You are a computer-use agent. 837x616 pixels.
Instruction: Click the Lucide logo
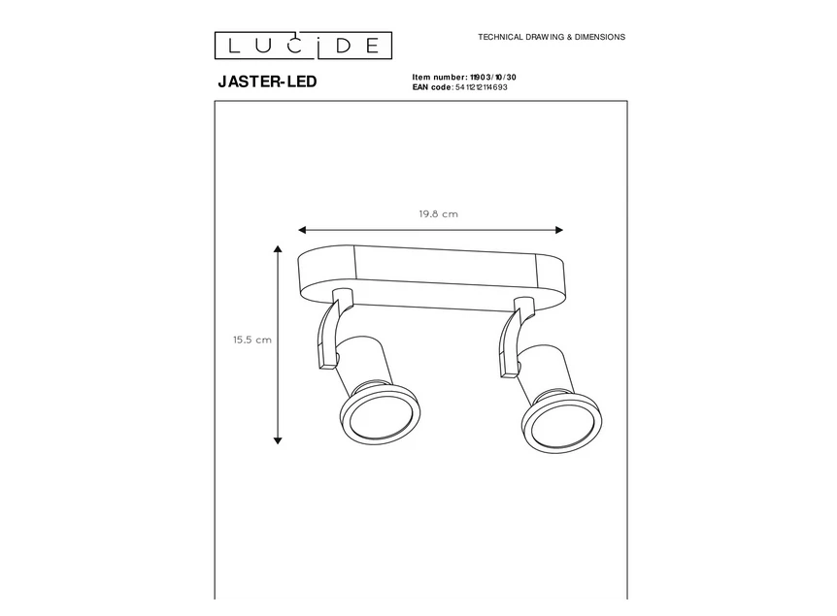303,45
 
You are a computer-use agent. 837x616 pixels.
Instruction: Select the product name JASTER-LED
266,82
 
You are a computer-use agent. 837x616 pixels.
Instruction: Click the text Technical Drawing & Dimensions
552,37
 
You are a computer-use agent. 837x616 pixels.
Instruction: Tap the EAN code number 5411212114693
481,87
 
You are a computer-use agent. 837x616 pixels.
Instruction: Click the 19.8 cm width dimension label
438,214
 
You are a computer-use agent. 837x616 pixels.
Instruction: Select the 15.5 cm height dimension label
251,340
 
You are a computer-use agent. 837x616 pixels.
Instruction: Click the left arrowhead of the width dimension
302,230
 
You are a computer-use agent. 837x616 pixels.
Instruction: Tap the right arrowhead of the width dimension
558,230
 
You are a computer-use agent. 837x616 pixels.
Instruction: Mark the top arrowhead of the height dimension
279,249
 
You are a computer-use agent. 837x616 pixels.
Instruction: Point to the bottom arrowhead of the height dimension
279,439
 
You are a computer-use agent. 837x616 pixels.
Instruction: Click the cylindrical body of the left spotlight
359,365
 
